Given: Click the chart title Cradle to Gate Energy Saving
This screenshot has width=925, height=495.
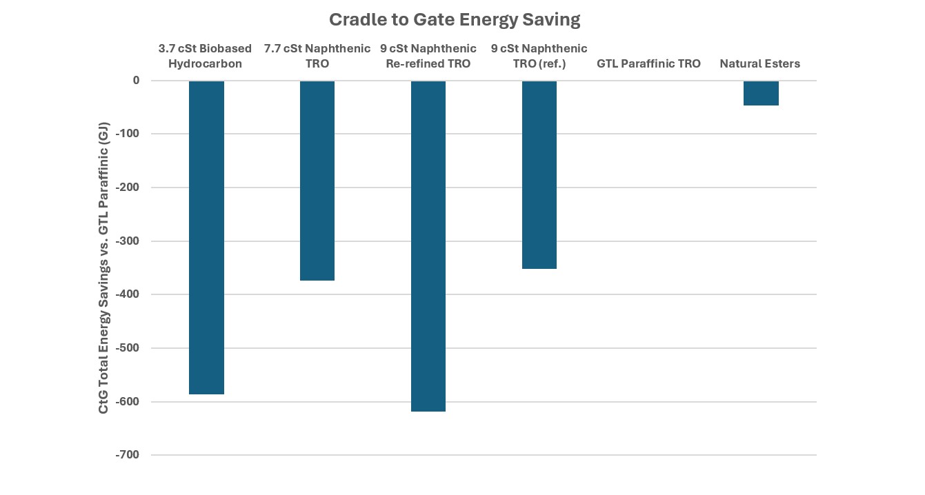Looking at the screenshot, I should click(x=454, y=20).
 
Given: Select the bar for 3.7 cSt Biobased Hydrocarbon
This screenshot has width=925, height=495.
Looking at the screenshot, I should click(x=206, y=238).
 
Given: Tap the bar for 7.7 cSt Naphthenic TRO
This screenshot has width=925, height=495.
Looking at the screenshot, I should click(x=317, y=181).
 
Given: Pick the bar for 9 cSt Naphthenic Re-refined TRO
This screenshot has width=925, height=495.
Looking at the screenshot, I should click(x=428, y=246).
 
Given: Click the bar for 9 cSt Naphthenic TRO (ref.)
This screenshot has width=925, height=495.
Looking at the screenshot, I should click(x=539, y=175).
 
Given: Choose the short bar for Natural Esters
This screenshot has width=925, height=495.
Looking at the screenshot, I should click(x=761, y=93).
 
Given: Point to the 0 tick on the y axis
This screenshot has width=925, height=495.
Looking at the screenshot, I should click(x=136, y=81).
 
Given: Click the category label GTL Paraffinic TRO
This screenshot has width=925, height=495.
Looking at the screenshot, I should click(x=648, y=64).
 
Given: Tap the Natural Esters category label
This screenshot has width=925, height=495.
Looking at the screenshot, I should click(x=760, y=64).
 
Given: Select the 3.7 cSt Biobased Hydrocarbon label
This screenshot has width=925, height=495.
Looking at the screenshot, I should click(x=205, y=57).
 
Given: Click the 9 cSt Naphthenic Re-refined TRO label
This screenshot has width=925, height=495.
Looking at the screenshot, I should click(x=428, y=57).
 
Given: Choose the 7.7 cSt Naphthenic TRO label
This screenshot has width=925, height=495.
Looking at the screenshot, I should click(x=317, y=57).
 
